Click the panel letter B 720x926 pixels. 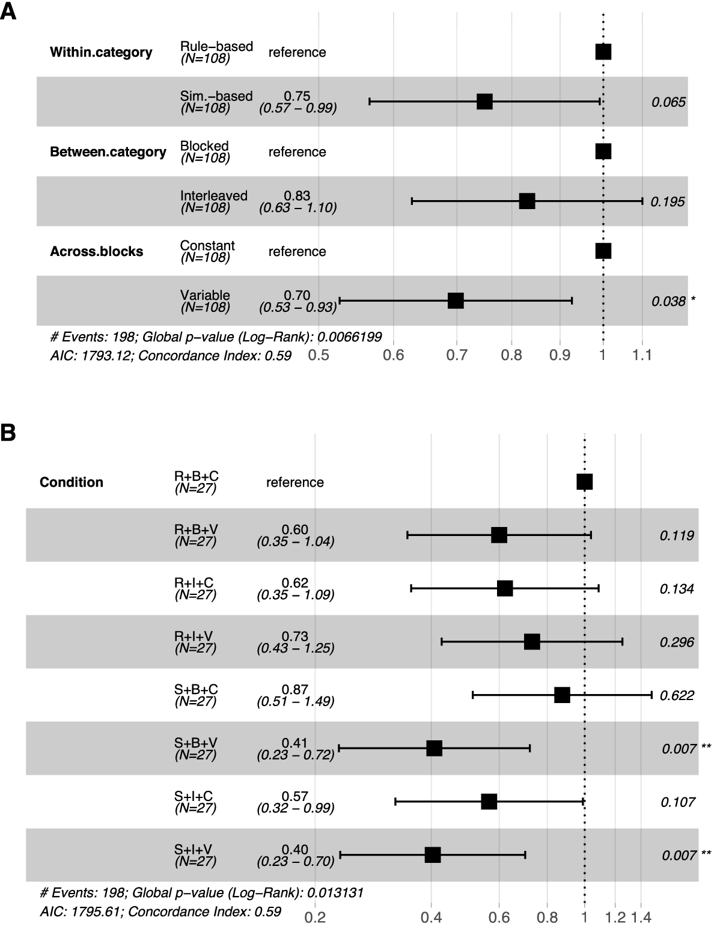pos(8,433)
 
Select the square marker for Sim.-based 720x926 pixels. pos(484,102)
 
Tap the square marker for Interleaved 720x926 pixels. pos(527,201)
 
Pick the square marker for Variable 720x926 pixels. pos(456,300)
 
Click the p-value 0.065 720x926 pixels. pos(668,102)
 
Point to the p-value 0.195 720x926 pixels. pos(668,202)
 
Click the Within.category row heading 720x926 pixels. pos(101,52)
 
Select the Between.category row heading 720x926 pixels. pos(108,152)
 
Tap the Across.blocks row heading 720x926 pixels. pos(96,252)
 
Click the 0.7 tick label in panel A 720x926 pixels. pos(457,356)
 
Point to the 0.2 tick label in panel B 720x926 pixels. pos(315,917)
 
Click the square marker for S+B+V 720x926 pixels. pos(434,748)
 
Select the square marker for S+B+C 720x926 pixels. pos(562,695)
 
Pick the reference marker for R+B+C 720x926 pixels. pos(584,482)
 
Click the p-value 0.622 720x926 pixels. pos(677,695)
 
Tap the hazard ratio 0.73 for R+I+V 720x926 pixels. pos(295,636)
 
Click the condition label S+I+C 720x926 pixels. pos(194,796)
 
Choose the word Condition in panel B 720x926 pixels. pos(72,483)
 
